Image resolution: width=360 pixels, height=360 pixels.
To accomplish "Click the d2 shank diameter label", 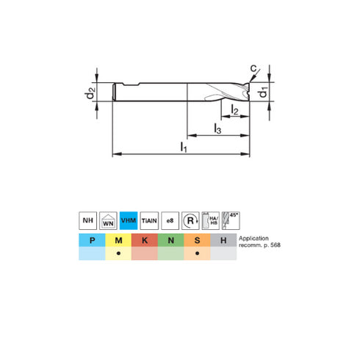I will point(90,93).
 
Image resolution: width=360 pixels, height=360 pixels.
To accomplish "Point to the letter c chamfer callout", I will point(253,69).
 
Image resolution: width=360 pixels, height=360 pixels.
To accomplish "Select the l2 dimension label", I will point(234,110).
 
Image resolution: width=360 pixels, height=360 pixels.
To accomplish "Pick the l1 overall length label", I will point(184,148).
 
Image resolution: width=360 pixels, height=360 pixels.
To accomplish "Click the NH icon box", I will point(87,219).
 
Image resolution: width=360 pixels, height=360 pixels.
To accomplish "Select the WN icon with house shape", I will point(108,219).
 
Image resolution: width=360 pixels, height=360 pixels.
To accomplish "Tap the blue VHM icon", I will point(129,219).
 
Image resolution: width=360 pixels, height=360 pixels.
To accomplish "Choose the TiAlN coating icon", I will point(149,219).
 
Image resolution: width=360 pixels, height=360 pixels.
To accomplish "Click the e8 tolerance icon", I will point(170,219).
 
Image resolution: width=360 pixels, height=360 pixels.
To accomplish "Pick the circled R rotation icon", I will point(191,219).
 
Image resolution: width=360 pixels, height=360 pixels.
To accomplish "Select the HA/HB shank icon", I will point(211,219).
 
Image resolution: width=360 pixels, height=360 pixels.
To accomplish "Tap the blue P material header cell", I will point(91,240).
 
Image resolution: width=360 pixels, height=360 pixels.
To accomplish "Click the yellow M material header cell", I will point(118,240).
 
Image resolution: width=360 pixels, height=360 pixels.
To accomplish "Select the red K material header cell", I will point(144,240).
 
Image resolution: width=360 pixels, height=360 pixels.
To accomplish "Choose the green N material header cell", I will point(170,240).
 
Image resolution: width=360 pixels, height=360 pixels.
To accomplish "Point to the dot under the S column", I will point(197,253).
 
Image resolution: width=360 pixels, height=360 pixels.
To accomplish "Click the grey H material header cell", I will point(223,240).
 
